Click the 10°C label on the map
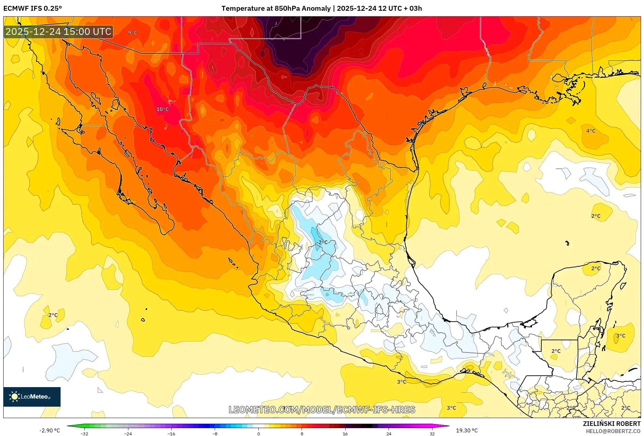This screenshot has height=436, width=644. point(163,109)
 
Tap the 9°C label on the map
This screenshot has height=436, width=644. point(133,33)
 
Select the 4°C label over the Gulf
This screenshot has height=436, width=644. point(591,131)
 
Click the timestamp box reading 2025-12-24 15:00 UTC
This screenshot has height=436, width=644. point(59,32)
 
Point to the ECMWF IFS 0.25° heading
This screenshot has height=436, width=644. point(33,8)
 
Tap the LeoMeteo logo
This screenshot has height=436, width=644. point(32,397)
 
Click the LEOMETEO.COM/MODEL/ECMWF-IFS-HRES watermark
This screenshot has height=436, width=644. point(322,410)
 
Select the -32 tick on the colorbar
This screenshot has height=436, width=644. point(84,434)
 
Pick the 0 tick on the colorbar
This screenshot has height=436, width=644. point(259,434)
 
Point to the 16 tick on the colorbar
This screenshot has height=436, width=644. point(345,434)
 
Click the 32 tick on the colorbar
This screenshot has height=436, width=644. point(432,434)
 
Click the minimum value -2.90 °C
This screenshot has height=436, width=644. point(50,430)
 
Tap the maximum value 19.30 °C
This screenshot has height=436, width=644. point(467,430)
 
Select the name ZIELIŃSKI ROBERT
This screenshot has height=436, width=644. point(611,424)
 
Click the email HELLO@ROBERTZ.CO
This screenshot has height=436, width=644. point(613,431)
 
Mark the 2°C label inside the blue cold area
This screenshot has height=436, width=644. point(323,242)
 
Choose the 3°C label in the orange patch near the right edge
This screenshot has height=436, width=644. point(621,336)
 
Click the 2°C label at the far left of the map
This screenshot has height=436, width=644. point(53,315)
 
